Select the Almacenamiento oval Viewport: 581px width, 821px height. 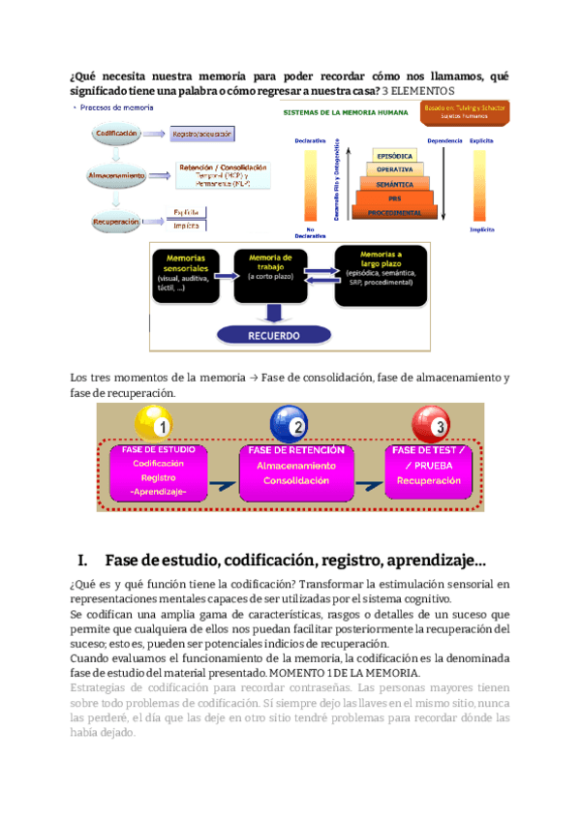coord(117,175)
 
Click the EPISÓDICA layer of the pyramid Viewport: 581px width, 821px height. coord(393,157)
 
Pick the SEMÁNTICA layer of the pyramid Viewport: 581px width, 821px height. coord(393,184)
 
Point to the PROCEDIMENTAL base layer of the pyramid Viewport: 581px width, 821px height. coord(393,212)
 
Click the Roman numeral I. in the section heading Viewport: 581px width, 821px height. coord(83,561)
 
